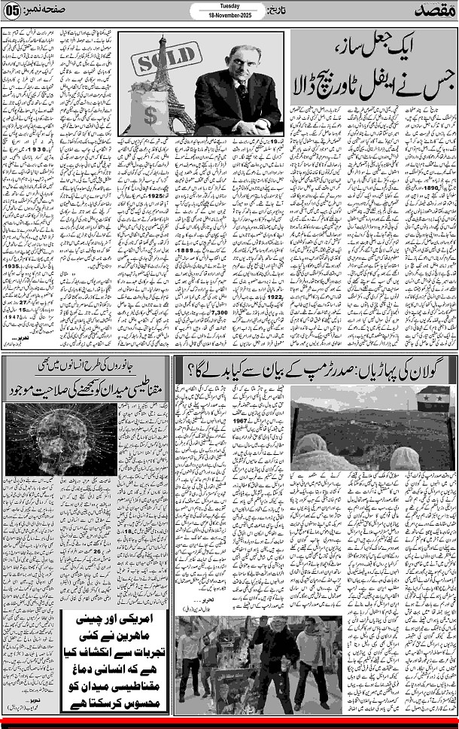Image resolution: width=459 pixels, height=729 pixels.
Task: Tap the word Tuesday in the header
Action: (229, 5)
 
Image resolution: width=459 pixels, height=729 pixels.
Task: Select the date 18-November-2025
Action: (229, 15)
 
